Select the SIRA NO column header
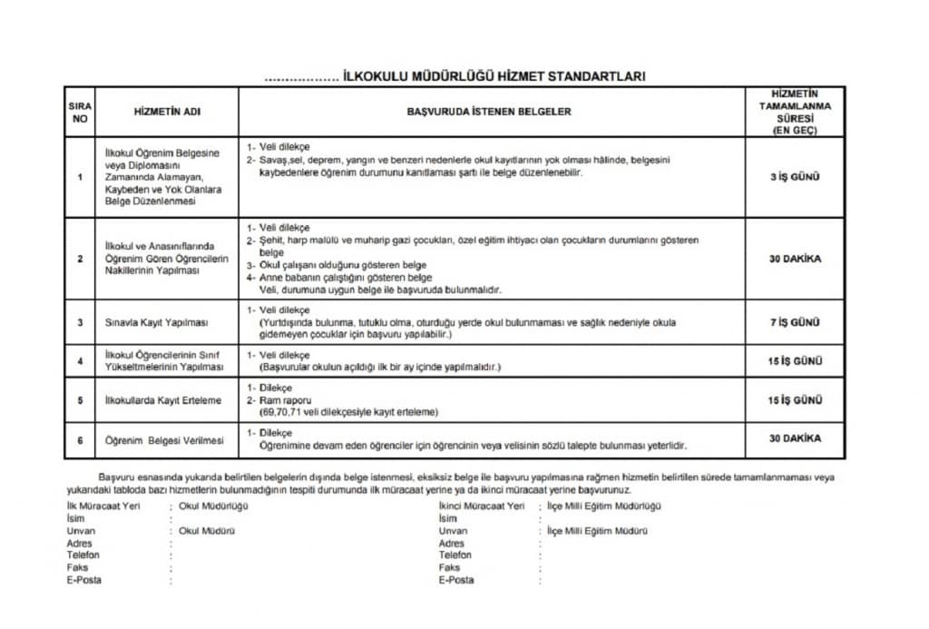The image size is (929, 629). pos(80,112)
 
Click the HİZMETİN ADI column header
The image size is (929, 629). pos(167,112)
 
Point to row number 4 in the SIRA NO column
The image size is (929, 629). pos(80,361)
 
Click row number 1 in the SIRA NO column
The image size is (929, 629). pos(80,177)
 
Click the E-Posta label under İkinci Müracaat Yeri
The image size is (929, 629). pos(456,580)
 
